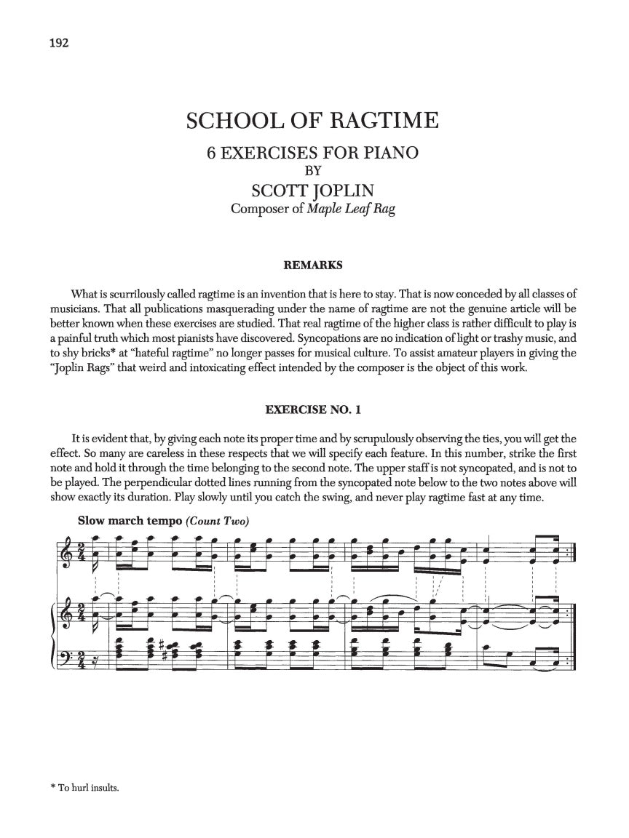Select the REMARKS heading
313,266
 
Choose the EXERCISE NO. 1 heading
313,410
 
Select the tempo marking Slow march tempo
119,520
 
